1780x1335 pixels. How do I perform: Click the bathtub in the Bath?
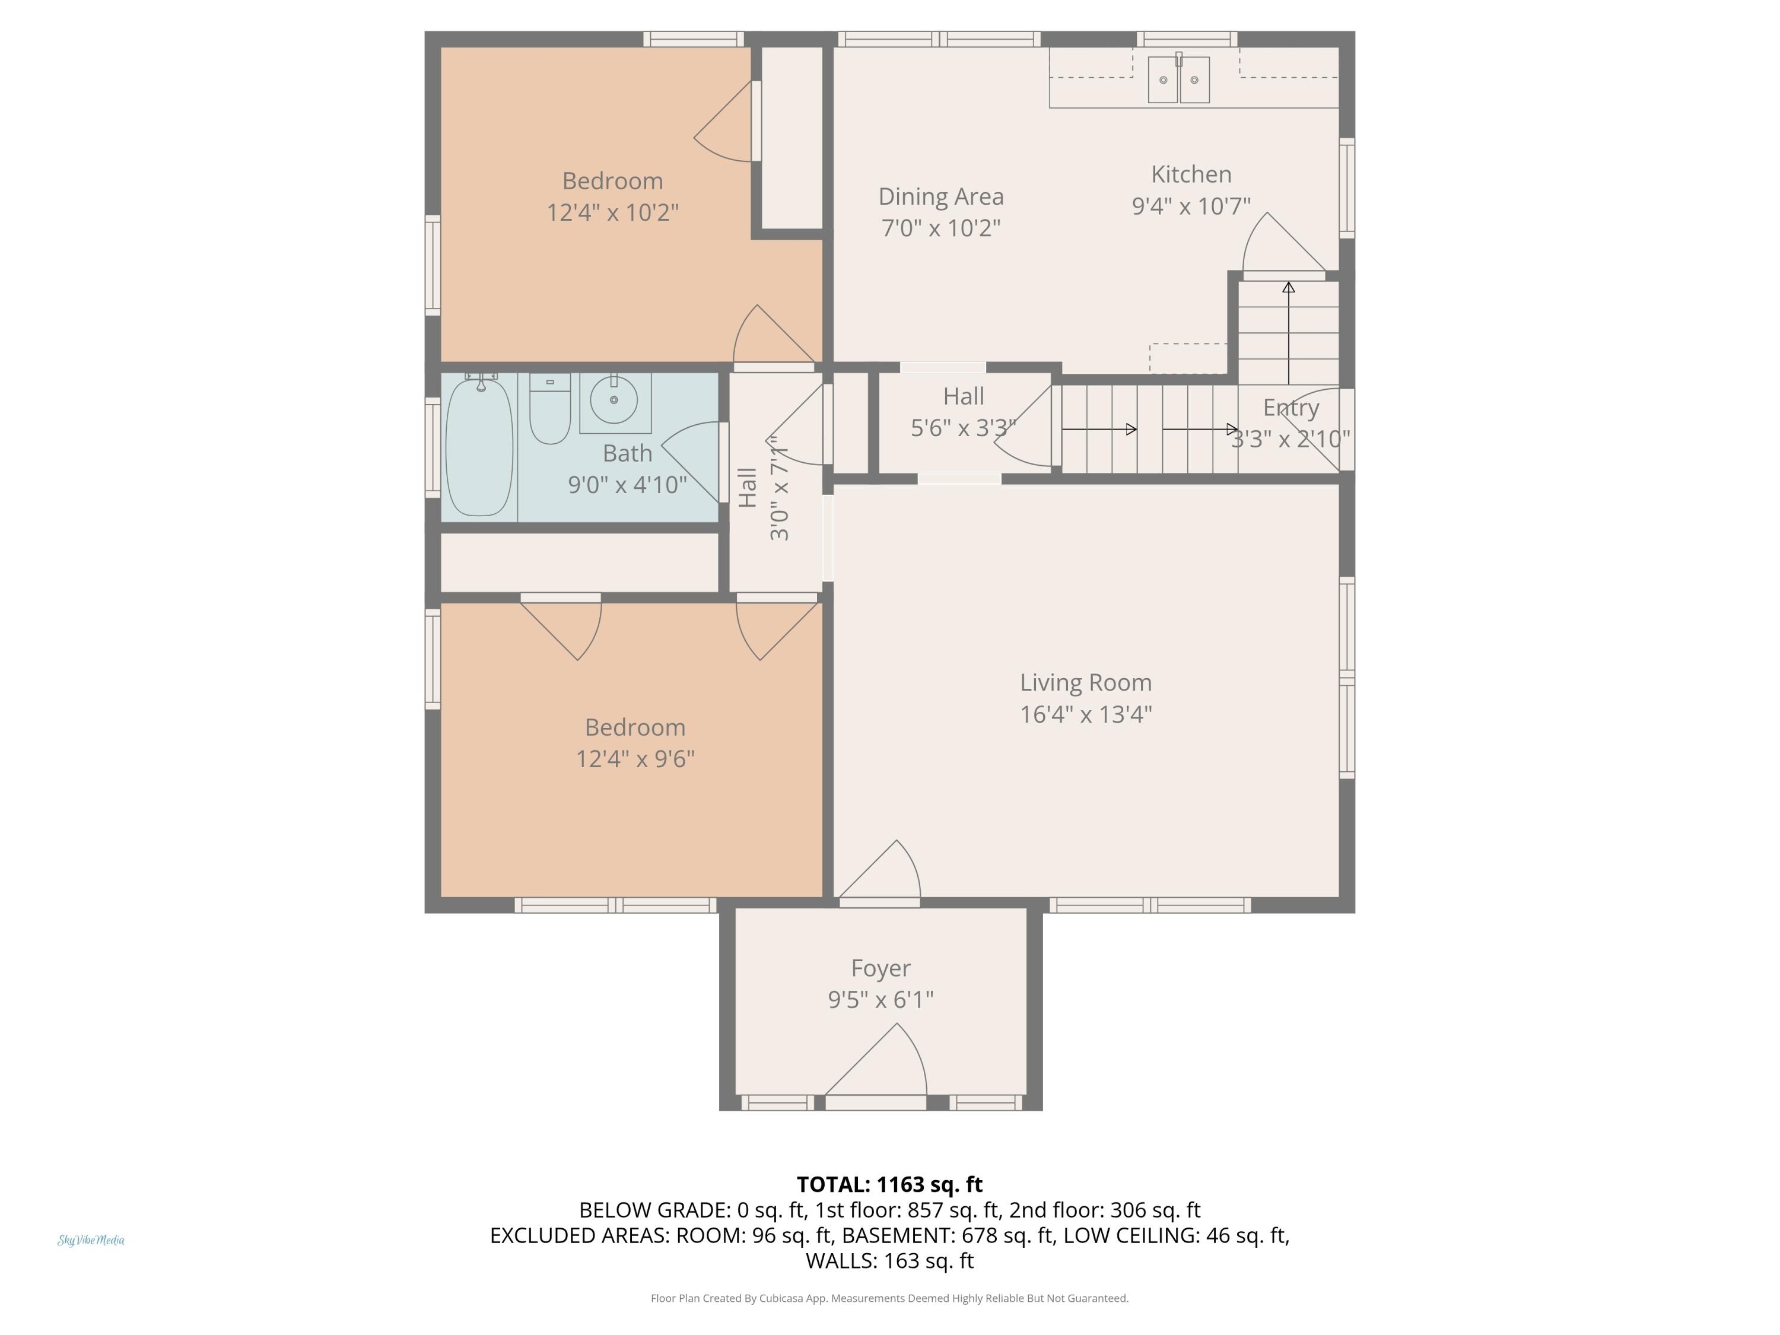click(x=479, y=447)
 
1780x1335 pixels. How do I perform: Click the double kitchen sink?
click(x=1178, y=79)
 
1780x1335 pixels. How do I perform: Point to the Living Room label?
click(x=1086, y=682)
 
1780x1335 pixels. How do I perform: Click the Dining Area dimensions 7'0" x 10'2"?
click(x=940, y=228)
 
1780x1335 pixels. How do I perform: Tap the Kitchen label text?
click(x=1191, y=174)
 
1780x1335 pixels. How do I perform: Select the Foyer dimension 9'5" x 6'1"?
click(x=881, y=999)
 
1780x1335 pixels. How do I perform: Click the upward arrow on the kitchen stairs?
click(x=1288, y=332)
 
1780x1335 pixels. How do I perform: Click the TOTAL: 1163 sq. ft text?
click(x=889, y=1184)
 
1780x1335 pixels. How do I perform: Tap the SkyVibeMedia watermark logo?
click(x=91, y=1240)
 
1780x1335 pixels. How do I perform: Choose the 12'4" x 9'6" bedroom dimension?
click(x=635, y=759)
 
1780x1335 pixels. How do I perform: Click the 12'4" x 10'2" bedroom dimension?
click(x=612, y=212)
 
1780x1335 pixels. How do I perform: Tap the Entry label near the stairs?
click(x=1290, y=408)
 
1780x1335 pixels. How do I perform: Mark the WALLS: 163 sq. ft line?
click(x=889, y=1260)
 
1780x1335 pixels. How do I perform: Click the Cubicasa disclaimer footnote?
click(x=889, y=1298)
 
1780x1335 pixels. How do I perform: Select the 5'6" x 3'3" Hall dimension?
click(x=963, y=428)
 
